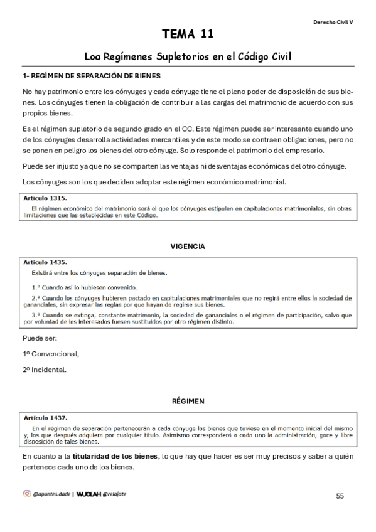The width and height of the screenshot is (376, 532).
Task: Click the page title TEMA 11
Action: [188, 33]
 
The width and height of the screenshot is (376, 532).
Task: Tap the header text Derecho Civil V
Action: [333, 21]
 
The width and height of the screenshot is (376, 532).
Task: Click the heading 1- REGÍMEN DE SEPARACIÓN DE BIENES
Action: [91, 76]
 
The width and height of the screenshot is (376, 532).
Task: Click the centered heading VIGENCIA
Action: [188, 247]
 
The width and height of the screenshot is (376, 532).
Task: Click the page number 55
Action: [340, 496]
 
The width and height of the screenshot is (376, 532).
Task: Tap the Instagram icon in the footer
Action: [26, 494]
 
